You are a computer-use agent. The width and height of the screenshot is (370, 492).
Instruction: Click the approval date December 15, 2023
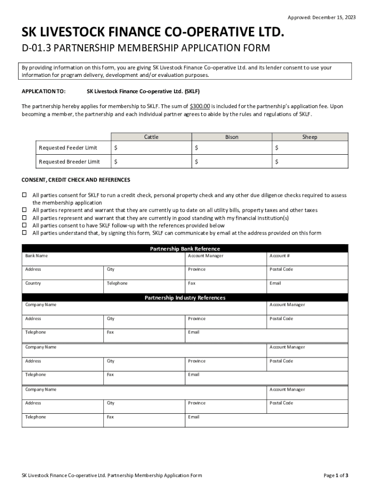click(335, 18)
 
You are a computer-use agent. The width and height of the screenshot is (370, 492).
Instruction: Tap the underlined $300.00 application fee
click(200, 106)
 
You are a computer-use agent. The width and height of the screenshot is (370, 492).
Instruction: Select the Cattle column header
click(151, 137)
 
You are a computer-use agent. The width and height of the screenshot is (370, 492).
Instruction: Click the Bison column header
click(232, 137)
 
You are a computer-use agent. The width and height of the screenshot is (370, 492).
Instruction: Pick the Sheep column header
click(309, 137)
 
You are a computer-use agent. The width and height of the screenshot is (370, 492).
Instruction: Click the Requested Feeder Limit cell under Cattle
click(151, 148)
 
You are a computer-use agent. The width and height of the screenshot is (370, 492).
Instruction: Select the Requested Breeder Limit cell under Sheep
click(309, 162)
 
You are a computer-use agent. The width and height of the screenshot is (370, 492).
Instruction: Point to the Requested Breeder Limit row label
click(69, 162)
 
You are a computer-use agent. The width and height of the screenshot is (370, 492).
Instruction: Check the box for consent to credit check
click(25, 195)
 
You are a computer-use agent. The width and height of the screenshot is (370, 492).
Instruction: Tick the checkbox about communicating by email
click(25, 233)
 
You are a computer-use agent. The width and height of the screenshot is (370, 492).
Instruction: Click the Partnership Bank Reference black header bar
click(185, 249)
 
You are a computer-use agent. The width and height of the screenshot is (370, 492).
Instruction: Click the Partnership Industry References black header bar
click(185, 298)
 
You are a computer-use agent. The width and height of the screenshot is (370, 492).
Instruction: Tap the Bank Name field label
click(37, 256)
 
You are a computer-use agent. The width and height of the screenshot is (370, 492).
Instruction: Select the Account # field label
click(280, 256)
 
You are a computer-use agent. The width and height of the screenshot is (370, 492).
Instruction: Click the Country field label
click(33, 283)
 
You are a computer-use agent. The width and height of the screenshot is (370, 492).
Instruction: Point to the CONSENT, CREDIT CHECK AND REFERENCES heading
click(76, 180)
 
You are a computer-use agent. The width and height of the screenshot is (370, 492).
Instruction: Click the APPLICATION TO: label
click(44, 91)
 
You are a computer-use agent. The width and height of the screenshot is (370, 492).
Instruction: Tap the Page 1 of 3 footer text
click(336, 476)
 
